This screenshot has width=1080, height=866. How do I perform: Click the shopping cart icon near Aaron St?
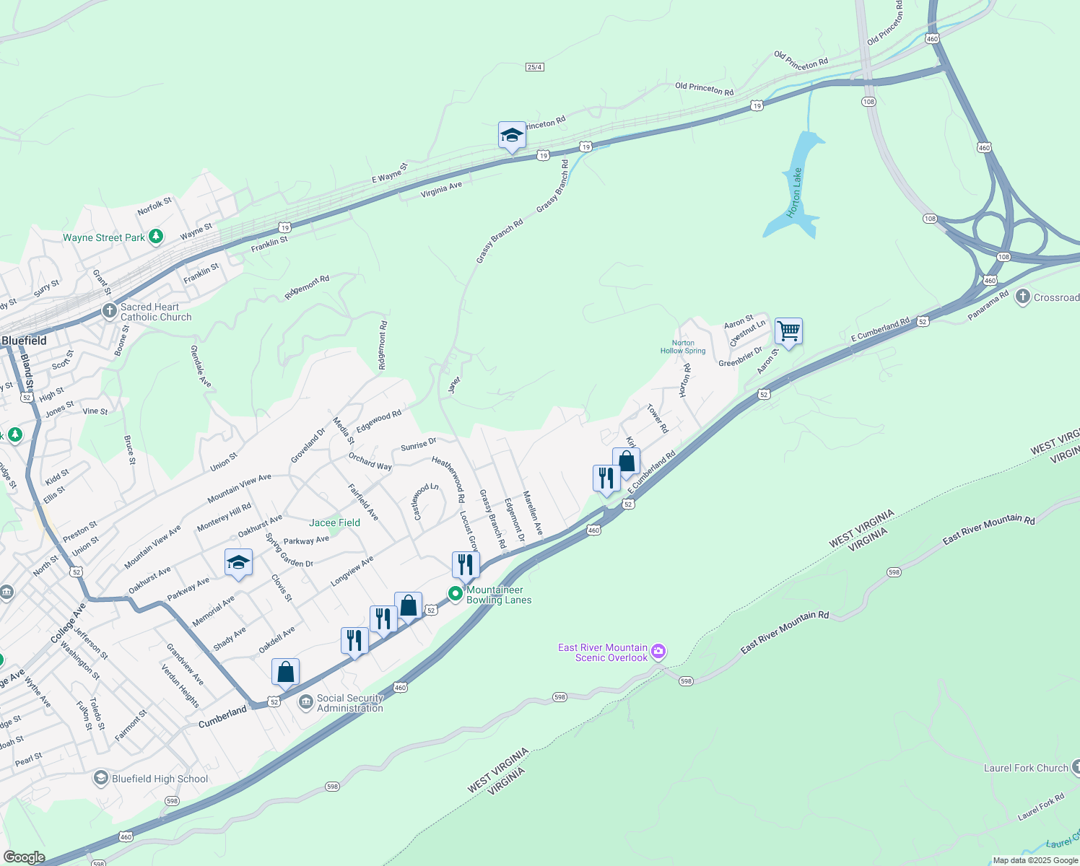tap(788, 332)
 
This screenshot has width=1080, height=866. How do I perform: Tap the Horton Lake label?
tap(795, 193)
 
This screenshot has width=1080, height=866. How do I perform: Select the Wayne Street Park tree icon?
tap(155, 237)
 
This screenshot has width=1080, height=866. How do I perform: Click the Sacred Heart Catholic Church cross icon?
tap(109, 311)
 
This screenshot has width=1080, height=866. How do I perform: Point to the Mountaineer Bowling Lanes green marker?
tap(456, 594)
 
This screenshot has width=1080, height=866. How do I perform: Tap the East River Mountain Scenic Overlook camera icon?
tap(658, 652)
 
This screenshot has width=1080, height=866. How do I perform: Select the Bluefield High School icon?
tap(101, 778)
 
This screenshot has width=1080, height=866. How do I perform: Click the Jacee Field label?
tap(334, 522)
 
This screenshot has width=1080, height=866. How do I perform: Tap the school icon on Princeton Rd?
tap(512, 135)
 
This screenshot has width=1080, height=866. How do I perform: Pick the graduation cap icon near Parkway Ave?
tap(238, 562)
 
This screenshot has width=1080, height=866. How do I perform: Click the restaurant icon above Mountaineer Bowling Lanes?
tap(466, 564)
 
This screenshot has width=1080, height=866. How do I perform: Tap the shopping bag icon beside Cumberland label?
tap(285, 672)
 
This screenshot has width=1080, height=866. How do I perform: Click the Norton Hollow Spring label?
tap(683, 347)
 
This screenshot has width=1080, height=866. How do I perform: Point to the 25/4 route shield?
tap(534, 67)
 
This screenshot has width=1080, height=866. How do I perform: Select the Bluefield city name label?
tap(24, 341)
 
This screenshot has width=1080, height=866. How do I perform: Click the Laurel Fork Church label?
tap(1025, 768)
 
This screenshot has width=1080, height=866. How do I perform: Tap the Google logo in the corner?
tap(24, 857)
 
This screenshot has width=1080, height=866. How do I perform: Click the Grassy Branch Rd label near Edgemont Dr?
tap(493, 519)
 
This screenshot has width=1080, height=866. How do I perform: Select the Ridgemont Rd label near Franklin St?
tap(307, 287)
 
